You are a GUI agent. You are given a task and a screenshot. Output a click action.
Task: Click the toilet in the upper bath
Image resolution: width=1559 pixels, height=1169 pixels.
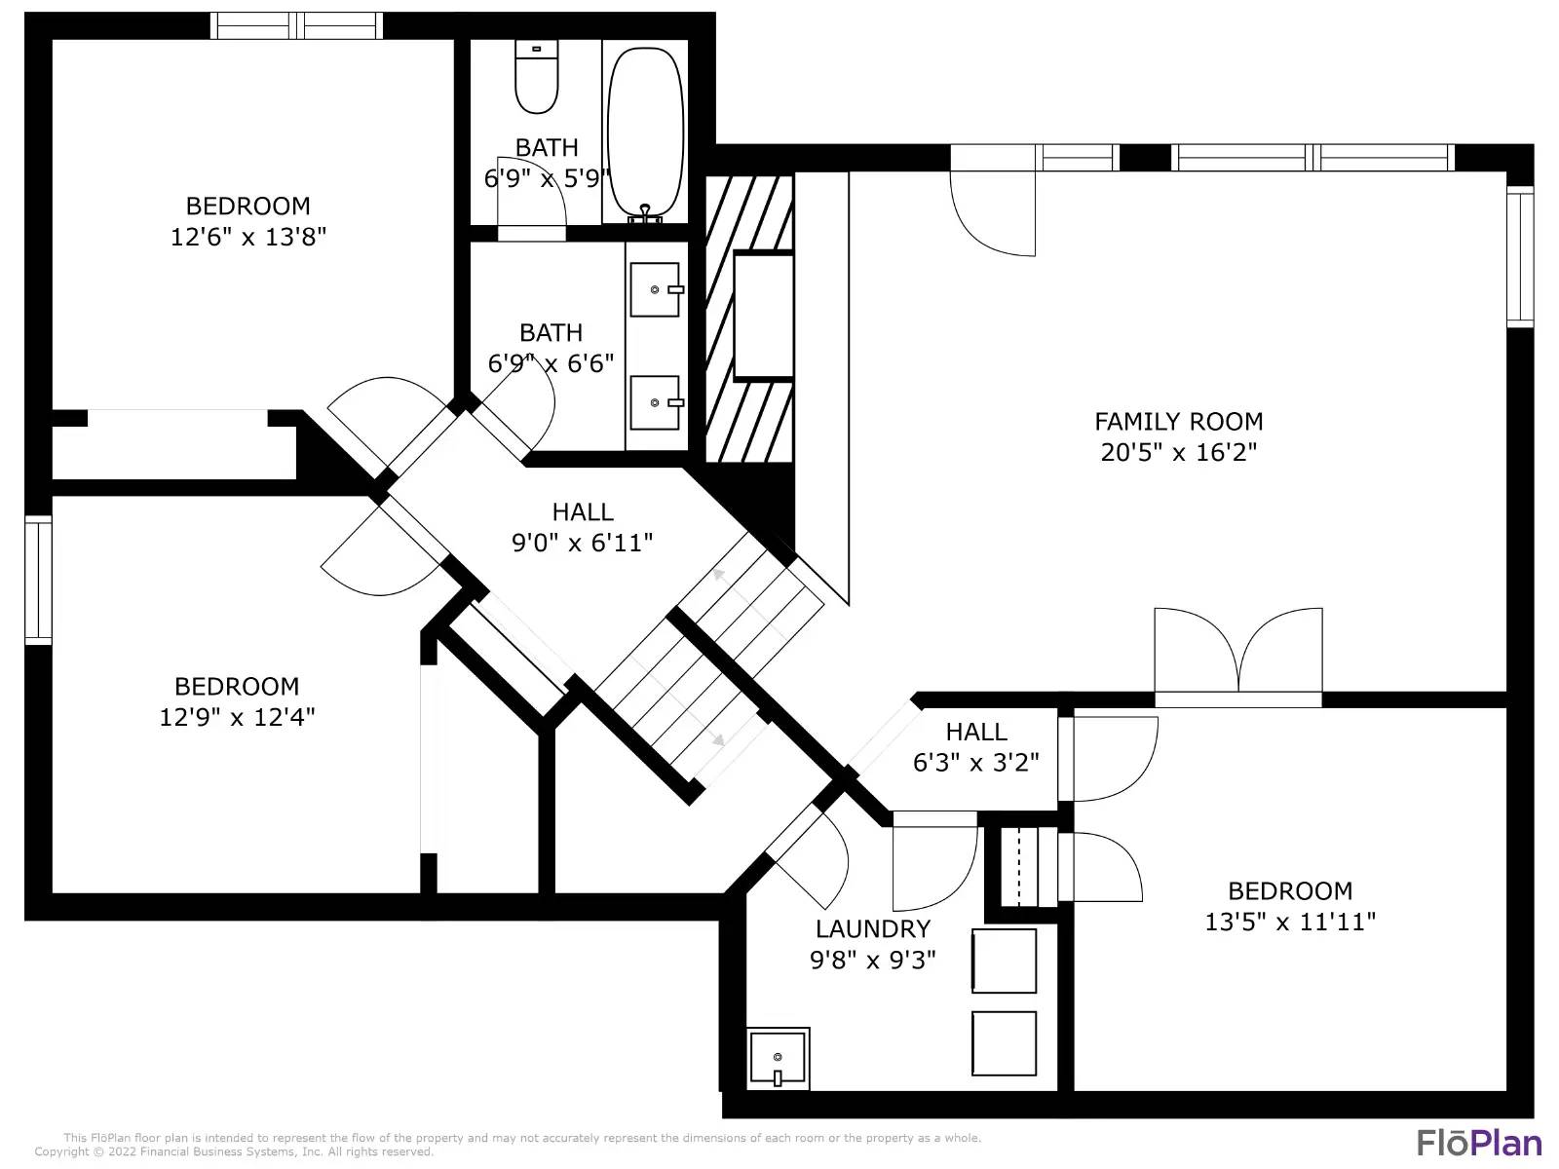pos(536,77)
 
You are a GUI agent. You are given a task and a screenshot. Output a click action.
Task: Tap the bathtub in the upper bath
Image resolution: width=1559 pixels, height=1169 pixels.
pos(646,132)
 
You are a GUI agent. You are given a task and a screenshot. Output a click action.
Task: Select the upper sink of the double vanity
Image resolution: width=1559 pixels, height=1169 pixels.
pos(656,289)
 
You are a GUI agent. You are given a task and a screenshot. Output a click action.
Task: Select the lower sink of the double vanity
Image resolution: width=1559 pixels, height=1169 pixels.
pos(656,402)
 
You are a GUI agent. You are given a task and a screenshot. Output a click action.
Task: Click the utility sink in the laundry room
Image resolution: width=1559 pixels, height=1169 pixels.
pos(778,1058)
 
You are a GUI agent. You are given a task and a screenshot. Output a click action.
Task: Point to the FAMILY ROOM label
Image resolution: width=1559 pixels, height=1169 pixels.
pos(1178,422)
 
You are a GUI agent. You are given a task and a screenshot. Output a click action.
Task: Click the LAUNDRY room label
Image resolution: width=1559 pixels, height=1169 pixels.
pos(872,928)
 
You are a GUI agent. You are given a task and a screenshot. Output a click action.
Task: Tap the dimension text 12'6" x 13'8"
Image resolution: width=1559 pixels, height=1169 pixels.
pos(247,237)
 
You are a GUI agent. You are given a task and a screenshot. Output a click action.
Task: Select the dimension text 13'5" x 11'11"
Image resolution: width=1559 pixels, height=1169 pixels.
pos(1290,922)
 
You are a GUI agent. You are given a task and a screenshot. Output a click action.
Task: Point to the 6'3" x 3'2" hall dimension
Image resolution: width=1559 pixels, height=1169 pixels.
pos(976,763)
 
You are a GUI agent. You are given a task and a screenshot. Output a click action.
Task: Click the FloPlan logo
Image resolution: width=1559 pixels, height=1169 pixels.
pos(1479,1143)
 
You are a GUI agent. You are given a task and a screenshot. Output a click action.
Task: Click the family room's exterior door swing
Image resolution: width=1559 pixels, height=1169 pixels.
pos(992,213)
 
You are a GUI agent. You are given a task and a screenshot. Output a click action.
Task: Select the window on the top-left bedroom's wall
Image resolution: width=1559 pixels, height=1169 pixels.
pos(297,25)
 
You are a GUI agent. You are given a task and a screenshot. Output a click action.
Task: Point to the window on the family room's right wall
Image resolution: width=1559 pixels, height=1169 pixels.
pos(1521,257)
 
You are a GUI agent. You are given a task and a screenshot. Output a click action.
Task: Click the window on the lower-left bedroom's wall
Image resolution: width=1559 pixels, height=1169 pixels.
pos(38,580)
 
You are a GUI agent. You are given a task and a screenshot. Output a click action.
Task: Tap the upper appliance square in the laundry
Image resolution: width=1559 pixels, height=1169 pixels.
pos(1004,962)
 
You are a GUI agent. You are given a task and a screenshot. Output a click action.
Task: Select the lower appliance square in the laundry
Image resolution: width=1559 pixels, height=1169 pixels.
pos(1004,1043)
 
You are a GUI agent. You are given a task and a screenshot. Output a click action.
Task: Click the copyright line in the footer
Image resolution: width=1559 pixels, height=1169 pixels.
pos(234,1152)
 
